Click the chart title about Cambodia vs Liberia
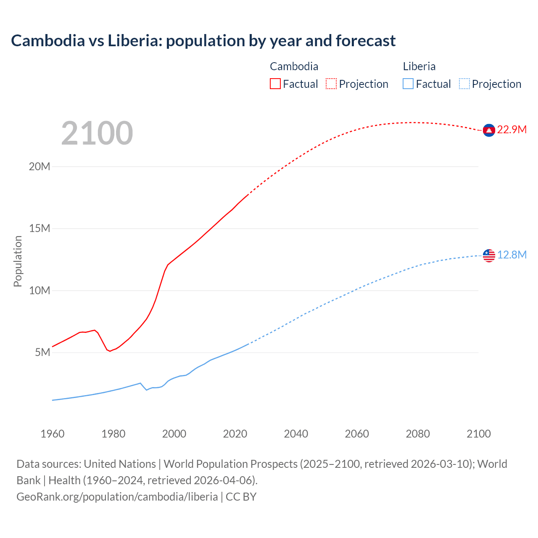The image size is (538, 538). (203, 41)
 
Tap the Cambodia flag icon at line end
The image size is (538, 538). (489, 131)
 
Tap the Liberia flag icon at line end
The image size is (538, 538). (489, 255)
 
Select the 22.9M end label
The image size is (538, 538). (512, 129)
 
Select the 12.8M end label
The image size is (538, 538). (512, 255)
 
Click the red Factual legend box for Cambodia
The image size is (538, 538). (275, 84)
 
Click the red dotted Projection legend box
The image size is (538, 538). (331, 84)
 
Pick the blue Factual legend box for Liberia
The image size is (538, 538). (408, 84)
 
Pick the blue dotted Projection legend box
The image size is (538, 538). (464, 84)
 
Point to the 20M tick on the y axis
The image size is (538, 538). (40, 166)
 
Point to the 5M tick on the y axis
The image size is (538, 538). (42, 352)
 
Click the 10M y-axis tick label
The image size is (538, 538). (40, 290)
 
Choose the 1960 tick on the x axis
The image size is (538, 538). (53, 434)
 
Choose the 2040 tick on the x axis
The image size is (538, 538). (296, 434)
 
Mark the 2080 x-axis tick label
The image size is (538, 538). (418, 434)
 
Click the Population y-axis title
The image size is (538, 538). (18, 261)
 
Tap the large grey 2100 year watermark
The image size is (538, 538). (97, 133)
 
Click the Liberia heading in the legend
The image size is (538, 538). (419, 66)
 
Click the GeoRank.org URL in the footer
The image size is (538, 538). (117, 496)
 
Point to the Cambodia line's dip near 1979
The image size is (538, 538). (110, 351)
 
